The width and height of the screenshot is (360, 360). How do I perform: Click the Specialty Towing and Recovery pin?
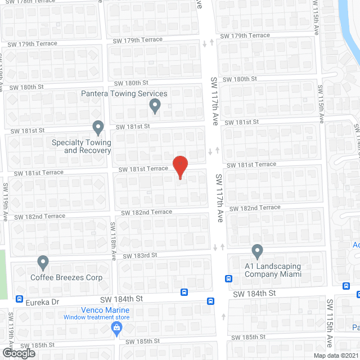coord(98,128)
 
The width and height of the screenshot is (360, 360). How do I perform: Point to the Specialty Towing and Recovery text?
coord(81,146)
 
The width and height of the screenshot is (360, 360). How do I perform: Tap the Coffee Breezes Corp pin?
coord(43,262)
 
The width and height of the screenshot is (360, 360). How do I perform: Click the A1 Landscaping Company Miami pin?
coord(258,251)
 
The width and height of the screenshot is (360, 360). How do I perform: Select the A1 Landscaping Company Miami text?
coord(273,270)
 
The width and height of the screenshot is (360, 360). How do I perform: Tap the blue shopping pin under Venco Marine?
coord(117,330)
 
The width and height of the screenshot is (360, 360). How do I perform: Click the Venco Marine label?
coord(105,310)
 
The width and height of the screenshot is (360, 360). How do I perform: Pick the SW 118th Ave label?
coord(113,241)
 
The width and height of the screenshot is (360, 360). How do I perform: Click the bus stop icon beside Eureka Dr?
coord(20,299)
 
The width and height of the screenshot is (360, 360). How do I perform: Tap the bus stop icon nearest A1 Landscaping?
coord(228,278)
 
